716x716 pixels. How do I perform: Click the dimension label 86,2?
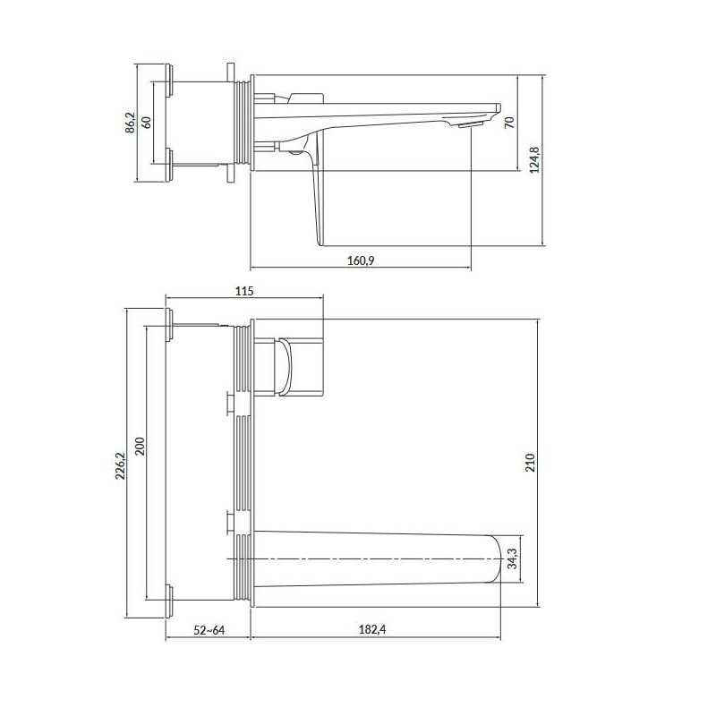coord(130,123)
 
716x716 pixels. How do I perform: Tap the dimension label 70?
coord(509,123)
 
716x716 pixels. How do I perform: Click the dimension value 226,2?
coord(121,462)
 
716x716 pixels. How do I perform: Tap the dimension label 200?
coord(139,445)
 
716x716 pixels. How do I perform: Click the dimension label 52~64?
coord(208,630)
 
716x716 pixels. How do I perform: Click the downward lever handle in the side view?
coord(314,192)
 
